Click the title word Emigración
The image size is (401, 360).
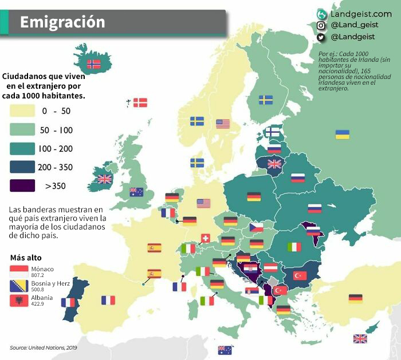(62, 22)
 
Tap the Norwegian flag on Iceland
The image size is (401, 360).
(93, 64)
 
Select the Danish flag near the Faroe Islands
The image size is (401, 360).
(140, 103)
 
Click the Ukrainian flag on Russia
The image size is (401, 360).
(342, 134)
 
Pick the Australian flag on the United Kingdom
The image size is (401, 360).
(136, 192)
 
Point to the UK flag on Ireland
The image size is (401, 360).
(104, 179)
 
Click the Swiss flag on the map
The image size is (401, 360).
(205, 238)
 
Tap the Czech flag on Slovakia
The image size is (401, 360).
(255, 227)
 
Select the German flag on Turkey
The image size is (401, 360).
(355, 298)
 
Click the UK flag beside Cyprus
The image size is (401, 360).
(360, 338)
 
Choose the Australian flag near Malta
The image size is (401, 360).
(225, 350)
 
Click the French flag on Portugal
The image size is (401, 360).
(68, 302)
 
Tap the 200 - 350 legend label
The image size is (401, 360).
(56, 167)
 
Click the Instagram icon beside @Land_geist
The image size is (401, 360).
(321, 25)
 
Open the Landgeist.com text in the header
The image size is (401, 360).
(361, 13)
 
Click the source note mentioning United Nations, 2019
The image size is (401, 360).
(44, 347)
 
